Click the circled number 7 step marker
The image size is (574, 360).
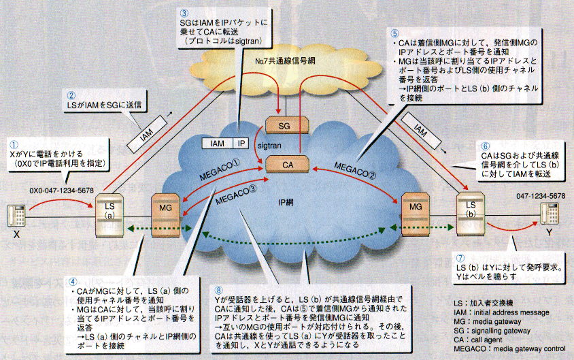460,259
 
